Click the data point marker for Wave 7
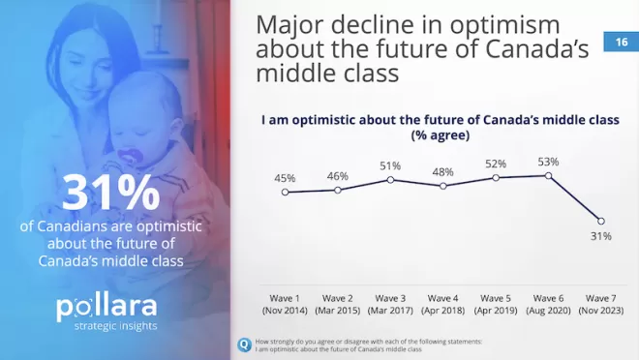click(600, 222)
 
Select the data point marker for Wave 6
click(548, 175)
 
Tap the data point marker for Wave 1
click(285, 192)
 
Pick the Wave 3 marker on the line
click(390, 180)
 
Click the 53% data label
click(548, 162)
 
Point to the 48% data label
click(443, 172)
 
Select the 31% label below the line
click(600, 236)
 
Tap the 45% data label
click(285, 178)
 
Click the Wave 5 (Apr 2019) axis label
click(496, 304)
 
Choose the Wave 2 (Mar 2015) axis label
click(338, 304)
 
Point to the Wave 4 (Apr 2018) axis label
click(443, 304)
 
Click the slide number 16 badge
click(621, 42)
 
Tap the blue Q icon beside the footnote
click(244, 345)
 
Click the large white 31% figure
click(110, 193)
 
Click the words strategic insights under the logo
click(115, 326)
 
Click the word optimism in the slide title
click(505, 24)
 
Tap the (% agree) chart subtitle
click(441, 135)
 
